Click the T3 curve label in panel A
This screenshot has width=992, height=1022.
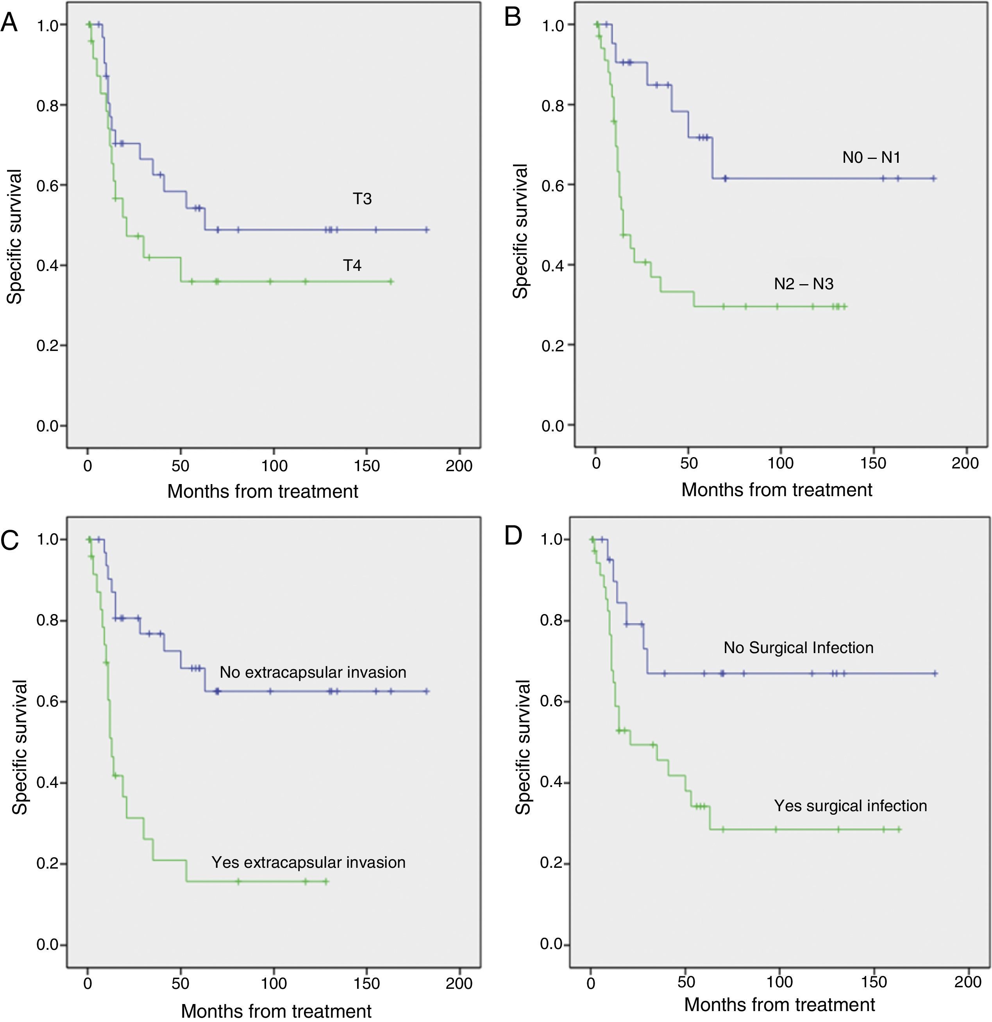pos(362,199)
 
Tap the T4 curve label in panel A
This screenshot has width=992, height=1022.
pos(352,265)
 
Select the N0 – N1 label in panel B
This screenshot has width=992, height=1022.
pos(871,157)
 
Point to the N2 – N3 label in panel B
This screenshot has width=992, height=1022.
pos(804,284)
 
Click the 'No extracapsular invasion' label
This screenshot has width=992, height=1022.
pos(313,672)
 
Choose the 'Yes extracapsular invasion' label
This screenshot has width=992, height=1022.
pos(308,862)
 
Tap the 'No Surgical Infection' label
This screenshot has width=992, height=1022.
pos(798,648)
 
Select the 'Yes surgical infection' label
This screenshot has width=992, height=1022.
pos(850,806)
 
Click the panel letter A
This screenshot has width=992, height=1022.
pos(9,23)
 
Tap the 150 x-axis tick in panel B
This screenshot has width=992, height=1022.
pos(873,463)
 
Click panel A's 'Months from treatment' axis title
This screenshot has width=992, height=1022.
pos(263,491)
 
